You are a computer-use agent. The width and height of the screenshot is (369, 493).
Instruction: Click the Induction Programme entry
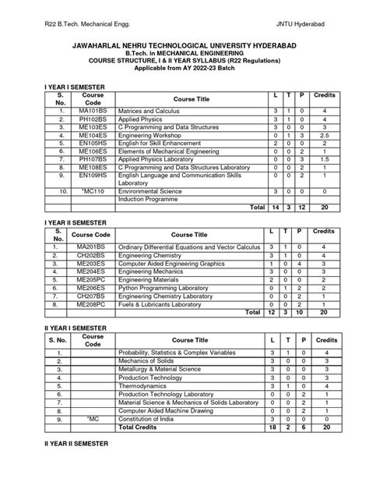(147, 198)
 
